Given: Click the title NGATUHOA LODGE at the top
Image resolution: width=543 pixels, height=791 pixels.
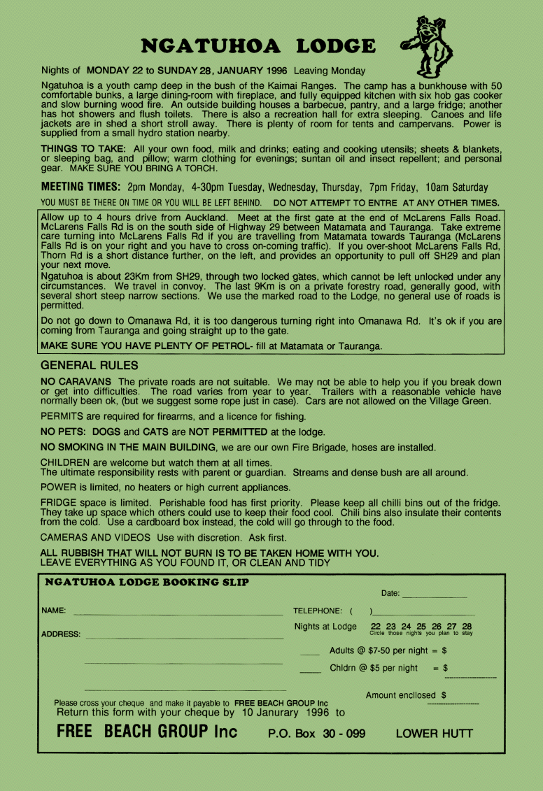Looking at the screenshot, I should click(258, 46).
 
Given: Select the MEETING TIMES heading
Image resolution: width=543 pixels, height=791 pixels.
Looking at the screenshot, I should click(81, 187).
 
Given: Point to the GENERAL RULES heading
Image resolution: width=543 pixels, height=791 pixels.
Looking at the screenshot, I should click(90, 365).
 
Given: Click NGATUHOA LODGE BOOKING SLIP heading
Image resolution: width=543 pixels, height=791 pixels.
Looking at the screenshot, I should click(146, 582).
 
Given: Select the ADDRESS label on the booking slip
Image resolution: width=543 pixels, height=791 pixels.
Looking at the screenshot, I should click(61, 635).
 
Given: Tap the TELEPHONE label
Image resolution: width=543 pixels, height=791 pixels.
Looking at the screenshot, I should click(318, 611).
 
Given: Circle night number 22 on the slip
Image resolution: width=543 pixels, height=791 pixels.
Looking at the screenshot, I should click(376, 627).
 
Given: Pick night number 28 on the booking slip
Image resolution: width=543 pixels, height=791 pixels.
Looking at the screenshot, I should click(467, 627).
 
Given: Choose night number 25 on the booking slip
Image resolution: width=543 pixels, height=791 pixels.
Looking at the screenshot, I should click(421, 627).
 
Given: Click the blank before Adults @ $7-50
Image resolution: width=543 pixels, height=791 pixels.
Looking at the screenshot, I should click(309, 654).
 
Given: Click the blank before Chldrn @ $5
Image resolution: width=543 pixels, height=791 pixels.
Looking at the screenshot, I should click(309, 671).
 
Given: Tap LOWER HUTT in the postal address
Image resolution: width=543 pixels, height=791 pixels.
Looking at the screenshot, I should click(434, 734).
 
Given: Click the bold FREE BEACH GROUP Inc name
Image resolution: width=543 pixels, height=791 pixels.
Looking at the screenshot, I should click(147, 732).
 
